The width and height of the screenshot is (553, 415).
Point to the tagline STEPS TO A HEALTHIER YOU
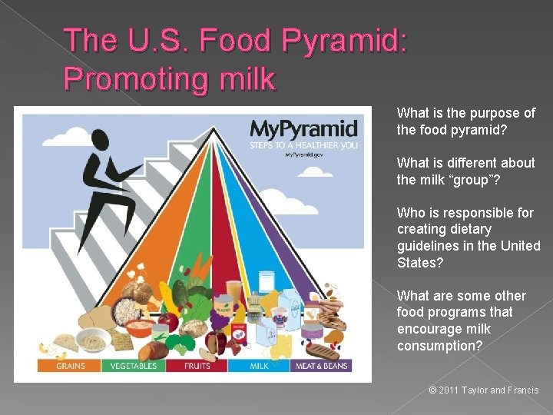303,144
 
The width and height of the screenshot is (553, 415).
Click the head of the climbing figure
100,140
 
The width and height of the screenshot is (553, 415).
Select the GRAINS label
71,366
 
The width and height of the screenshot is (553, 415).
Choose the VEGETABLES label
134,366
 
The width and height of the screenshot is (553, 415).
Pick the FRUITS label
197,366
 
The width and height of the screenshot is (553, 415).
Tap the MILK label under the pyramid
259,366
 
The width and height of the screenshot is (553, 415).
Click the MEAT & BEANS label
323,366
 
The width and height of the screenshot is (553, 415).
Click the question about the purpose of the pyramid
466,121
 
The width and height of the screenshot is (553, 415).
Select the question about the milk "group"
466,171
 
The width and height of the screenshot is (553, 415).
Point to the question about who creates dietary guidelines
469,237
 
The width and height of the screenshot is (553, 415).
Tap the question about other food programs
462,320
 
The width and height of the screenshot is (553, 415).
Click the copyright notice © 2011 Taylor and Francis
484,390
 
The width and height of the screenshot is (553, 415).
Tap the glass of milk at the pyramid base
267,282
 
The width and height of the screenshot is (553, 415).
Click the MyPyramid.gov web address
302,154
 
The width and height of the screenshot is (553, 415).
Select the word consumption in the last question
439,346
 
